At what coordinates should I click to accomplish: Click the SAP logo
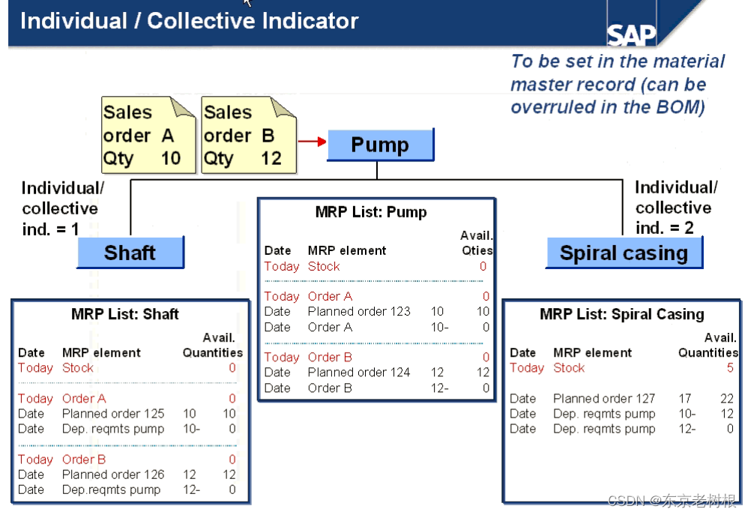point(631,34)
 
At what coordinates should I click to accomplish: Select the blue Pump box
point(380,145)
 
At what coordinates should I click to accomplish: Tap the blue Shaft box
point(130,253)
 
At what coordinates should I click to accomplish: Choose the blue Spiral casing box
point(624,253)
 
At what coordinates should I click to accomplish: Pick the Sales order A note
point(143,135)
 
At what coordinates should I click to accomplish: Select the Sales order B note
point(244,135)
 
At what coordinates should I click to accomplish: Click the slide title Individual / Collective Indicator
point(190,21)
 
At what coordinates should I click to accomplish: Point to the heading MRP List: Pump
point(371,212)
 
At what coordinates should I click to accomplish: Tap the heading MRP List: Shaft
point(125,314)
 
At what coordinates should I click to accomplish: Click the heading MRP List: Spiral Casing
point(622,314)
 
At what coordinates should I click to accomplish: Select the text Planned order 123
point(359,311)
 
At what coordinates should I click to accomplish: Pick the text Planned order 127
point(604,398)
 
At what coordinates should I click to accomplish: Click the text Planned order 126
point(113,474)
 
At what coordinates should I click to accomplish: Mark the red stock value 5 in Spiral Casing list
point(729,368)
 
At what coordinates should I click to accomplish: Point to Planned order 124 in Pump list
point(359,372)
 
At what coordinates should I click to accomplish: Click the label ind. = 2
point(665,228)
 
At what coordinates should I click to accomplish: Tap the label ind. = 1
point(51,229)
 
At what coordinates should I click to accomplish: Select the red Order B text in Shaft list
point(84,459)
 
